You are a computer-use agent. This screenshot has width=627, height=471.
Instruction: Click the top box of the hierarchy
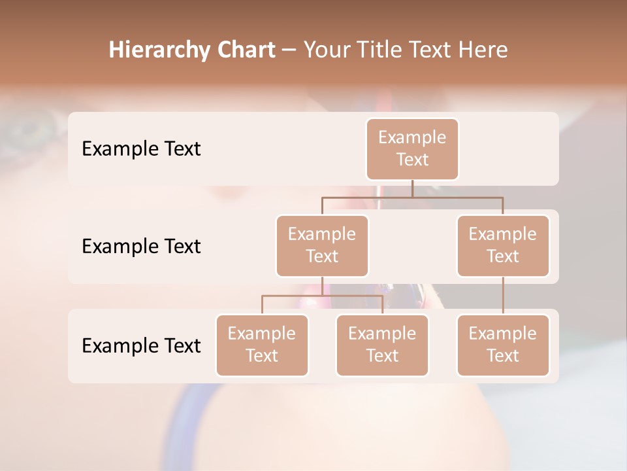412,148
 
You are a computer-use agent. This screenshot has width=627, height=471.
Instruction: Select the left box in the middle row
322,245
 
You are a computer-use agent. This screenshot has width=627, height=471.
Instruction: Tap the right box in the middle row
503,245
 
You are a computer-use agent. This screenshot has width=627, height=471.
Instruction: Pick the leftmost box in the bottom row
262,345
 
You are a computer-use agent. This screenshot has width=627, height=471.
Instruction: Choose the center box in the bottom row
382,345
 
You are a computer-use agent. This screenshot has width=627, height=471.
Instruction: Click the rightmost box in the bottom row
503,345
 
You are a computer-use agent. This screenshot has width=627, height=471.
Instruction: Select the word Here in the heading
483,50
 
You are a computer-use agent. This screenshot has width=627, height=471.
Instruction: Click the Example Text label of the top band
141,148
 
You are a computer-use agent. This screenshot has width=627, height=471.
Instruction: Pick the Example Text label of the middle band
141,246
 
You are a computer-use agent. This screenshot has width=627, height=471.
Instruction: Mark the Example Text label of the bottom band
141,345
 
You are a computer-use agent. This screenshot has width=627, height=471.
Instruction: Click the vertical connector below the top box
412,188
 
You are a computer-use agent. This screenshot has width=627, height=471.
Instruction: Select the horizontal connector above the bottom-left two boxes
322,296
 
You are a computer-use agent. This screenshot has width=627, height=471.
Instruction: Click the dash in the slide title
289,50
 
